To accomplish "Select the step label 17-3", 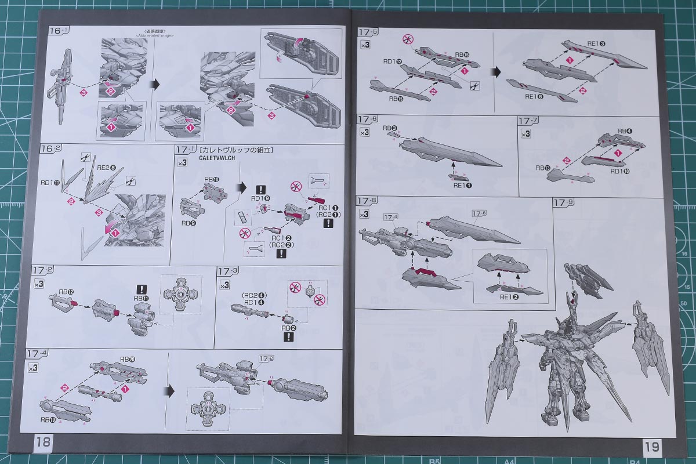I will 227,271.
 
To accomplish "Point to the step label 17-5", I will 368,32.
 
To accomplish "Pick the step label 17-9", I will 563,202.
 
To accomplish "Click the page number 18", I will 43,443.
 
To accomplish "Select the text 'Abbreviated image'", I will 151,35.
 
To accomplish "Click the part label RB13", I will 543,168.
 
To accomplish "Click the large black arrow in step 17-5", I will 496,72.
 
